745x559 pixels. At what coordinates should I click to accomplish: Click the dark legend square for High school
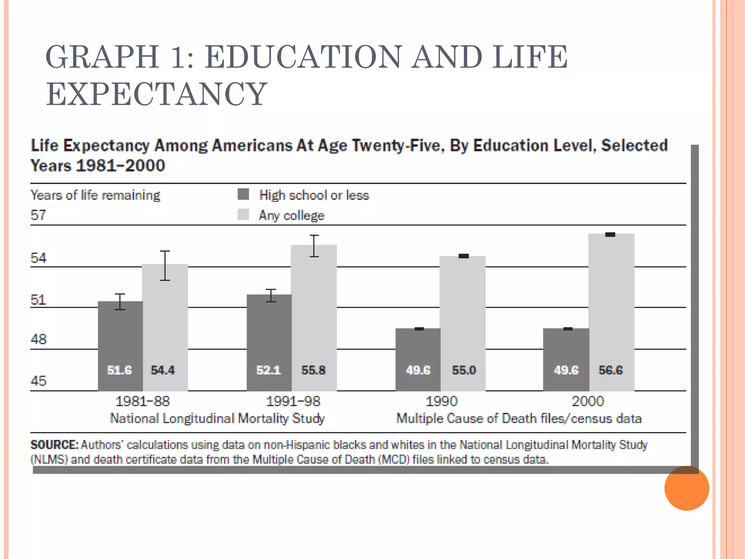(x=243, y=194)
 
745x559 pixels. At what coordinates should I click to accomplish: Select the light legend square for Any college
(x=243, y=215)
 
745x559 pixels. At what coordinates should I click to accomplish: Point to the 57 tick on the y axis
(x=38, y=215)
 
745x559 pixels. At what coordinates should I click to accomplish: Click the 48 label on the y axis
(x=38, y=339)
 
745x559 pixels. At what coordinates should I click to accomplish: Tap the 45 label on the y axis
(x=38, y=381)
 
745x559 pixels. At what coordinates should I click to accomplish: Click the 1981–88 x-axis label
(x=142, y=401)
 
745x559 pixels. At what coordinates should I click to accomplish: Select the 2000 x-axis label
(x=587, y=401)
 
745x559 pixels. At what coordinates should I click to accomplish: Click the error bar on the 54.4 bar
(x=165, y=266)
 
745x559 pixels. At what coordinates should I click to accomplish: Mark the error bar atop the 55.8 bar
(x=314, y=246)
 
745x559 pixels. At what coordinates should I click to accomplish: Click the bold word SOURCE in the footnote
(x=54, y=445)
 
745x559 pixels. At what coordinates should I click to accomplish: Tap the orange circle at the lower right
(x=686, y=488)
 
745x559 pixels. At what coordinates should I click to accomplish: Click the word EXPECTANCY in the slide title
(x=156, y=94)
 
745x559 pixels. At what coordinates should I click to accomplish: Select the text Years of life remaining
(x=95, y=195)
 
